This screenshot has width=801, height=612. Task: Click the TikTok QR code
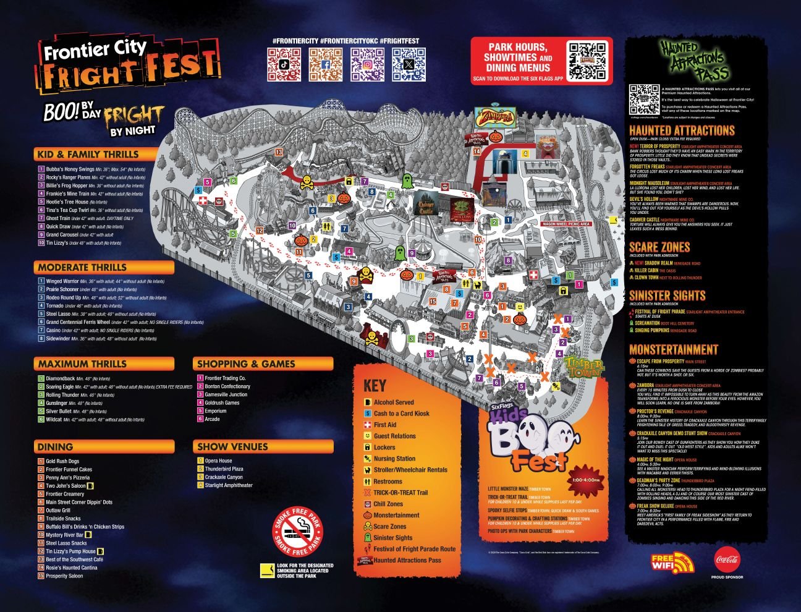coord(284,64)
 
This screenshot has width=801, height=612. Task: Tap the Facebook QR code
coord(326,64)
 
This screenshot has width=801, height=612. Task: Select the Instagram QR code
coord(367,64)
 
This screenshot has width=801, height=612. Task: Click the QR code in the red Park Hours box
coord(588,61)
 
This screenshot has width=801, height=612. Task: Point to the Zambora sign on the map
coord(494,117)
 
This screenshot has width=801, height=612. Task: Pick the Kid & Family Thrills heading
coord(88,155)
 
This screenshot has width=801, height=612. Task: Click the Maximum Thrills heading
coord(82,364)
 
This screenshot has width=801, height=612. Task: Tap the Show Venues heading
coord(232,446)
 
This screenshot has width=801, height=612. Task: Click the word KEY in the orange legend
coord(375,386)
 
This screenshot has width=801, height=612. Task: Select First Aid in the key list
coord(384,425)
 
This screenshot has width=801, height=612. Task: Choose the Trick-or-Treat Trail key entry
coord(400,493)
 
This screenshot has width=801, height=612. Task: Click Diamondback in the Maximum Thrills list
coord(60,378)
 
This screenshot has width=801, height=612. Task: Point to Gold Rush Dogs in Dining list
coord(62,461)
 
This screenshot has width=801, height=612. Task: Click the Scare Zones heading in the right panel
coord(659,247)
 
